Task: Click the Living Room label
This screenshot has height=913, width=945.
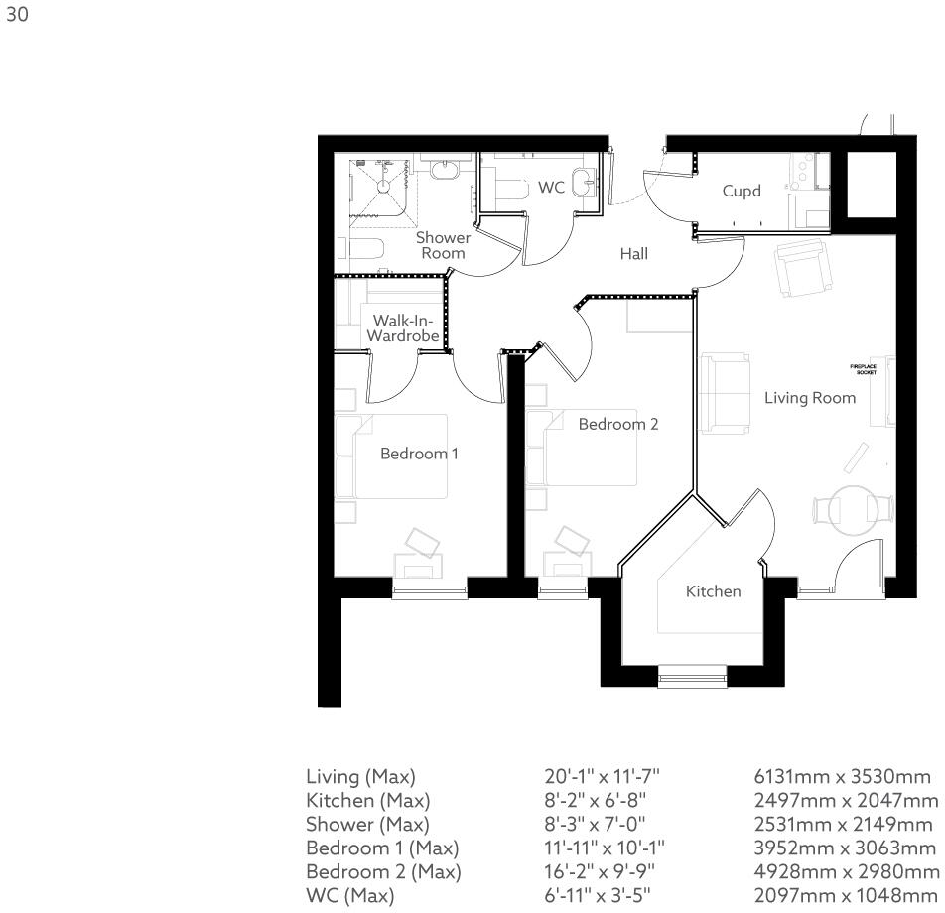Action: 809,398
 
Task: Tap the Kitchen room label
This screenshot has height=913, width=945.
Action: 714,591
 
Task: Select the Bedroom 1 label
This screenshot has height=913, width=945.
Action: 419,454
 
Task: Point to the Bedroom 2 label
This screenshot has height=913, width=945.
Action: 618,424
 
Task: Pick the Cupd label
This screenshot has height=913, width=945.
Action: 742,191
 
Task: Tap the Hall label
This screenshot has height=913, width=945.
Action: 633,254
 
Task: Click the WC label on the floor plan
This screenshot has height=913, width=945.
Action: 552,187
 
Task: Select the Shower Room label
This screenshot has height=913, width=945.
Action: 443,245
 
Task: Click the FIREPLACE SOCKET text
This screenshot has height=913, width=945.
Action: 863,369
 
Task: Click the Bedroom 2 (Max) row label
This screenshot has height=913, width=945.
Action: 383,872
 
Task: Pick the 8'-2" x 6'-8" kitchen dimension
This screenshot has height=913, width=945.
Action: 593,800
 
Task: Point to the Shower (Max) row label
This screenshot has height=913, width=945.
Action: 367,824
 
